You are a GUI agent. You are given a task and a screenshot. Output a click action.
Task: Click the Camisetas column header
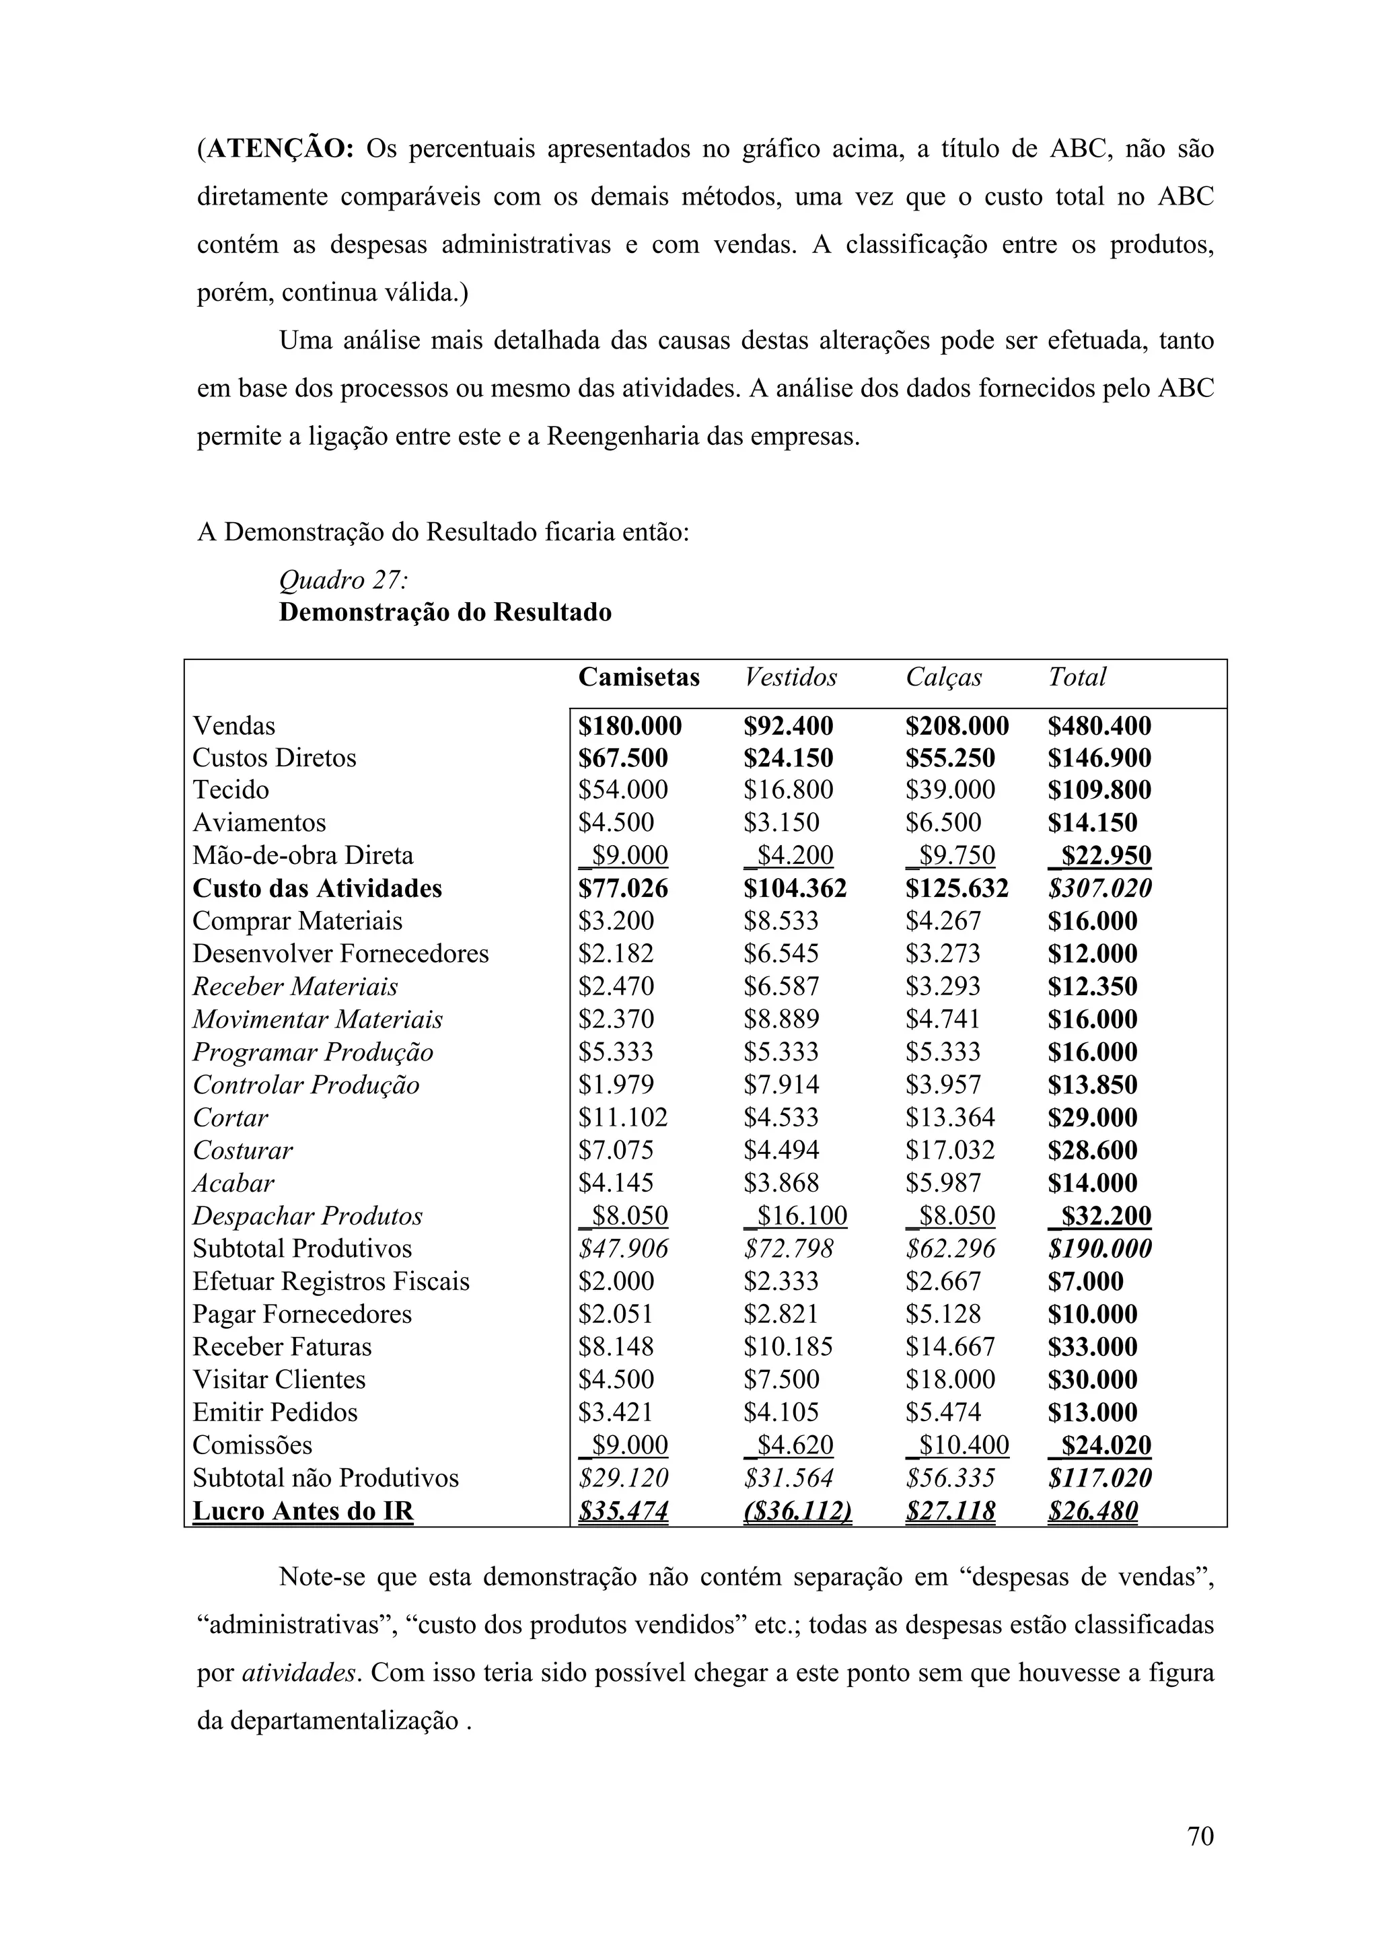639,677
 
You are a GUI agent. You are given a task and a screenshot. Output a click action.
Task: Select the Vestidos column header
790,677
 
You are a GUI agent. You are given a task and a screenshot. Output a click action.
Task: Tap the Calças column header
943,677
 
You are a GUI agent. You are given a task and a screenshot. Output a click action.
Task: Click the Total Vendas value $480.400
1099,726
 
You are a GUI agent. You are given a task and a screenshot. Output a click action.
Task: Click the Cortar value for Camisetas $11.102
623,1118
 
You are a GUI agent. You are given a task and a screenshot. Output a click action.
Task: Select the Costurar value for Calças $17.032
950,1150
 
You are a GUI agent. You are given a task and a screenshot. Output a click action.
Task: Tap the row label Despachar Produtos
307,1216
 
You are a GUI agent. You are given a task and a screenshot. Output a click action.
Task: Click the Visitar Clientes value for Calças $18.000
950,1379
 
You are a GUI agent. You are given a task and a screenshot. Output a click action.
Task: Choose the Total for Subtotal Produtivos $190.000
1099,1248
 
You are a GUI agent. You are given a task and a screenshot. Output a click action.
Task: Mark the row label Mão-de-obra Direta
302,855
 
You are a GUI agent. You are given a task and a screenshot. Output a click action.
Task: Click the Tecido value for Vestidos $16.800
788,790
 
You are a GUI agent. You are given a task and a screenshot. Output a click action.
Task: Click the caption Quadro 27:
344,580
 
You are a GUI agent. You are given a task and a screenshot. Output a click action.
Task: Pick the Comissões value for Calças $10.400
957,1445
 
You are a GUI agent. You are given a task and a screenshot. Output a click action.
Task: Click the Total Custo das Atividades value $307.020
1099,888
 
